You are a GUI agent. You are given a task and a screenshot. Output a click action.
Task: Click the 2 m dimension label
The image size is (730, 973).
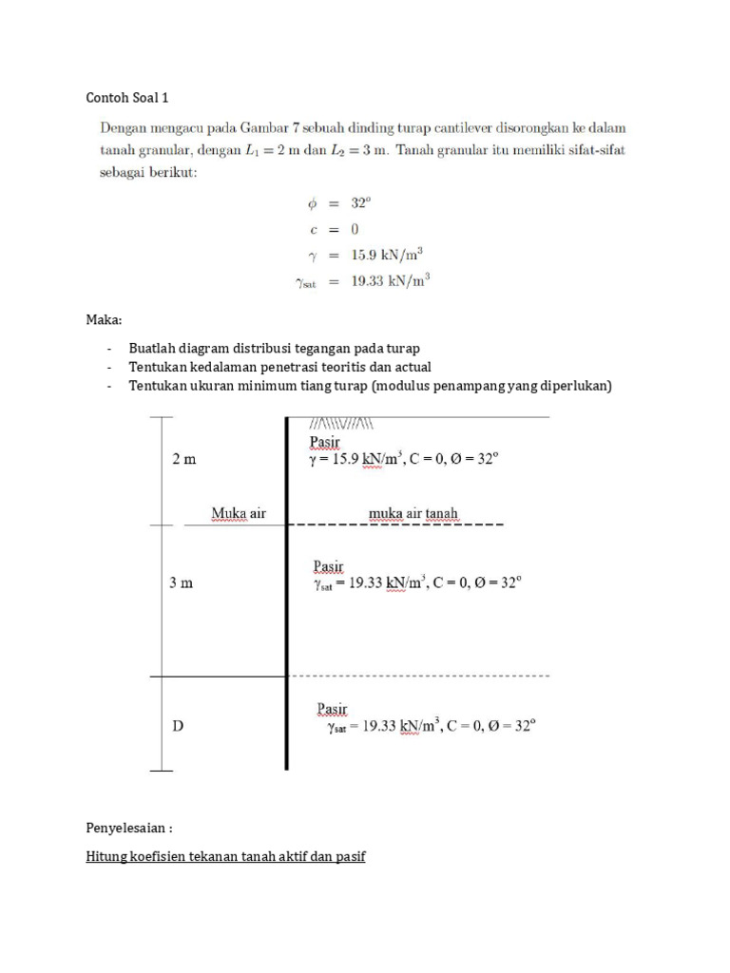pyautogui.click(x=183, y=458)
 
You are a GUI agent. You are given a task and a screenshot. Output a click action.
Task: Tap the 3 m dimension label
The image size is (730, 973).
pyautogui.click(x=181, y=582)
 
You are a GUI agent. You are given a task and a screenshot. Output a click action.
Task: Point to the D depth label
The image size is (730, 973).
pyautogui.click(x=177, y=727)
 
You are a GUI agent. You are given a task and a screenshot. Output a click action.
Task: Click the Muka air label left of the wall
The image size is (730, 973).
pyautogui.click(x=239, y=514)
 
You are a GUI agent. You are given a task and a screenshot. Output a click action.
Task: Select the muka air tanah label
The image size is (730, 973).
pyautogui.click(x=413, y=514)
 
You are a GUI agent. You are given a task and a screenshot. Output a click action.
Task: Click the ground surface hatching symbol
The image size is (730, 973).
pyautogui.click(x=341, y=423)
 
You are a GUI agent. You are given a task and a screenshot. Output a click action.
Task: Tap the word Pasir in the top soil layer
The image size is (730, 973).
pyautogui.click(x=327, y=441)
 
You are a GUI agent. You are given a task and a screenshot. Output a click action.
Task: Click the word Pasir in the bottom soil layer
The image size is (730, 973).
pyautogui.click(x=332, y=709)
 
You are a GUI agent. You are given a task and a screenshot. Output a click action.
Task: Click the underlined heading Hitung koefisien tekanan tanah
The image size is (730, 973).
pyautogui.click(x=225, y=856)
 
